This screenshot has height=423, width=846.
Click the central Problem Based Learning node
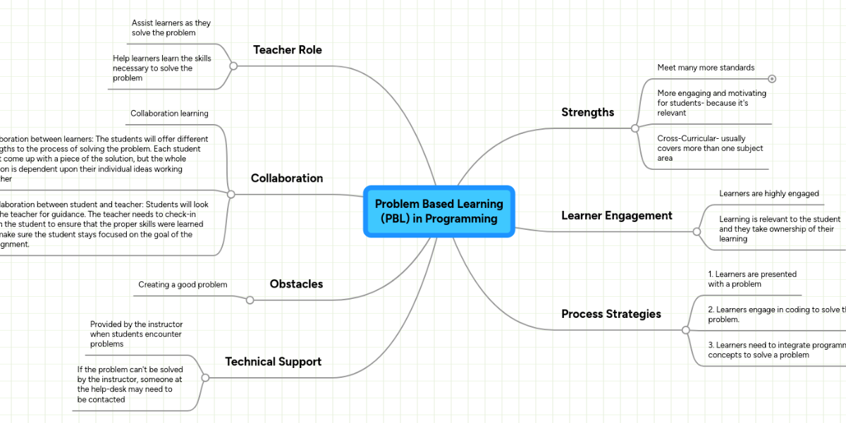pos(439,211)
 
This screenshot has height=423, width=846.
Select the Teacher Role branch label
pos(287,50)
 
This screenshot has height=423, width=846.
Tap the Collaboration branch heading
pos(286,178)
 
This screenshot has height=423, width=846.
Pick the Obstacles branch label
pos(296,284)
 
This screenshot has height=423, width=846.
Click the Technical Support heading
pos(273,362)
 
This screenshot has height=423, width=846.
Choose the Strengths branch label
pos(587,112)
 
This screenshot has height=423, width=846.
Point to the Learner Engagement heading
pos(616,216)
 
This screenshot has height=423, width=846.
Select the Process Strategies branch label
pos(611,314)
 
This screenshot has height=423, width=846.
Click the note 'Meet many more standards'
pos(706,68)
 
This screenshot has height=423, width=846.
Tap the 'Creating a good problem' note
pos(183,285)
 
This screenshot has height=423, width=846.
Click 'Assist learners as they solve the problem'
pos(171,28)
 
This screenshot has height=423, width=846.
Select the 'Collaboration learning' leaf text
pos(169,114)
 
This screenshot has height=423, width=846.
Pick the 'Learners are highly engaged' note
pos(768,194)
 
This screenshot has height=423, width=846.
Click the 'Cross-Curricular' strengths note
pos(710,148)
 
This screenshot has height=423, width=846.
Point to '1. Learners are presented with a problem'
pos(752,278)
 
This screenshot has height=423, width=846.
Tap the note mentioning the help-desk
pos(130,384)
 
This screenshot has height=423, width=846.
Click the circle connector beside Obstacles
pos(250,300)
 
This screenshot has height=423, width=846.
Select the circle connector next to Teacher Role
pos(233,66)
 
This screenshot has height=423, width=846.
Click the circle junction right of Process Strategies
pos(685,330)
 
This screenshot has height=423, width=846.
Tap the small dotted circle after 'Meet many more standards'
pos(772,79)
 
